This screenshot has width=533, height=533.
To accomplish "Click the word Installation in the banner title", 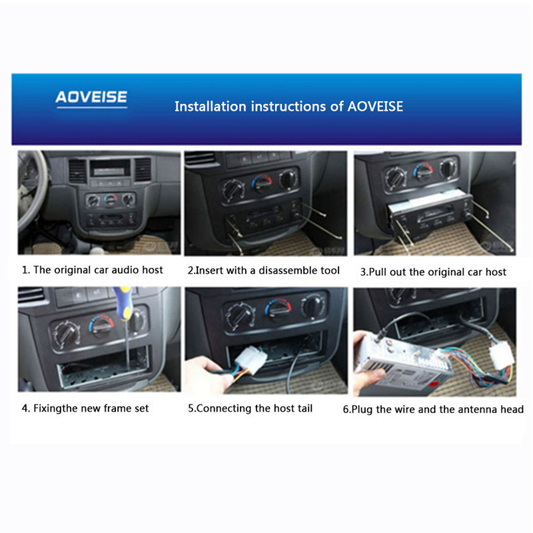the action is (210, 107).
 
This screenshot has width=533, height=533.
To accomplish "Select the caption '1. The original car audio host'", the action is (93, 270).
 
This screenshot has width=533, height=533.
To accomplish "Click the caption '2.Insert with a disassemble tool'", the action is (263, 270).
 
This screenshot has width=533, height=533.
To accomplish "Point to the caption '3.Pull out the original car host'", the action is (433, 272).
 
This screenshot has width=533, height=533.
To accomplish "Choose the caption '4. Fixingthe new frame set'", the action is (85, 408).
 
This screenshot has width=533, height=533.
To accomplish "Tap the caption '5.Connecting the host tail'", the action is (251, 408).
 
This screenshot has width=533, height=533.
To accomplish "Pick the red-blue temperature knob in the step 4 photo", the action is (101, 326).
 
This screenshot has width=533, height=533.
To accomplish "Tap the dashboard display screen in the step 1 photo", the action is (110, 168).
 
